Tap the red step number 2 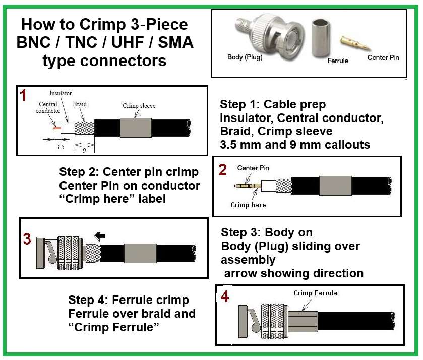[223, 170]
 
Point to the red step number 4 [225, 297]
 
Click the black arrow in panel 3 [100, 235]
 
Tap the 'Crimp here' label [248, 205]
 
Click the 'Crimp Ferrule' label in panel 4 [316, 293]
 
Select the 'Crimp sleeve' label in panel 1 [139, 106]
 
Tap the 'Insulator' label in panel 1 [61, 93]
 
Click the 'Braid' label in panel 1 [80, 104]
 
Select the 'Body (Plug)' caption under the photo [245, 57]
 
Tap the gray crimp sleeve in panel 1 [136, 128]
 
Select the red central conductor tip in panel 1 [56, 128]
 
